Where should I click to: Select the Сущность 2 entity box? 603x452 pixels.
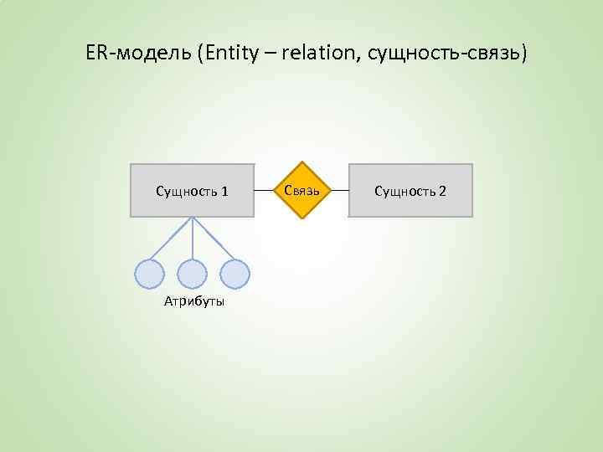click(410, 191)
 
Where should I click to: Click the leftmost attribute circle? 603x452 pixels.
click(149, 274)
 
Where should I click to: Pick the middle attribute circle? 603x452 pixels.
click(193, 274)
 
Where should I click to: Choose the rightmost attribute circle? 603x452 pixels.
click(235, 274)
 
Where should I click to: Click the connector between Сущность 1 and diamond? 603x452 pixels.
click(264, 191)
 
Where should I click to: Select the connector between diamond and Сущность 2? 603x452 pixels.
click(338, 191)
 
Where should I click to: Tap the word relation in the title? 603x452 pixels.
click(317, 54)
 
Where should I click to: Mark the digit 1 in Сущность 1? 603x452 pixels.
click(225, 192)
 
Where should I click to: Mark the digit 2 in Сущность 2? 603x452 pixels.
click(442, 192)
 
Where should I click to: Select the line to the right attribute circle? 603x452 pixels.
click(214, 239)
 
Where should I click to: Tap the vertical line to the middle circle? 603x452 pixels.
click(193, 239)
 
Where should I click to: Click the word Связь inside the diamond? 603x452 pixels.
click(301, 190)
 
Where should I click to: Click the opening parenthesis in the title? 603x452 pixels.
click(201, 54)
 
